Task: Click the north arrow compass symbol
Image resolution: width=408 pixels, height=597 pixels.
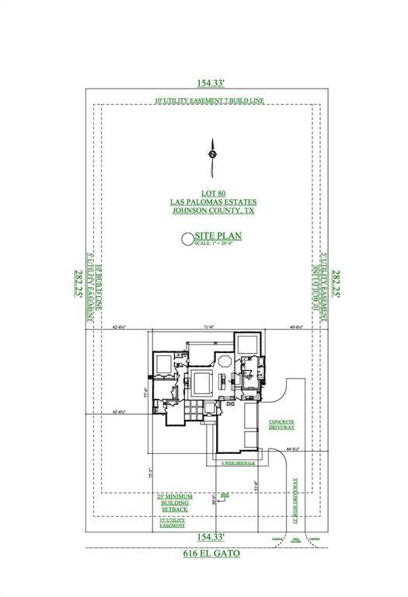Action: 211,154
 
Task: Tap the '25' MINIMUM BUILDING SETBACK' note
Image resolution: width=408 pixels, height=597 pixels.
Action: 176,503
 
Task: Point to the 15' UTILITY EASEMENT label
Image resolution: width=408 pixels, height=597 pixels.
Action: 173,523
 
